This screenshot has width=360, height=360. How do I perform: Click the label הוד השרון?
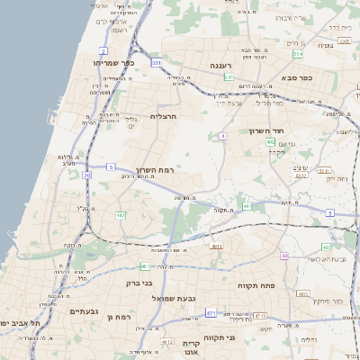coord(267,130)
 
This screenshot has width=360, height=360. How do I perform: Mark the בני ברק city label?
coord(134,282)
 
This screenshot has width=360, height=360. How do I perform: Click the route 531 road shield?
coord(157,63)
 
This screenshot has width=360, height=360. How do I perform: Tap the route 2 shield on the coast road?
coord(103,51)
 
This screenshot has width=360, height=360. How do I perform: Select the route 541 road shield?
coord(229,77)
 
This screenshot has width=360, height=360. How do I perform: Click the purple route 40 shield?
coord(284,256)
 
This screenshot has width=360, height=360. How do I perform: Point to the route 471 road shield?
coord(211,313)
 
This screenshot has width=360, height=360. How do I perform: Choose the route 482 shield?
coord(121,215)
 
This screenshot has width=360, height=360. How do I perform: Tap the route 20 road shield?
coord(87,175)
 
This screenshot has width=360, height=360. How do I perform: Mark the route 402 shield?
coord(270,142)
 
